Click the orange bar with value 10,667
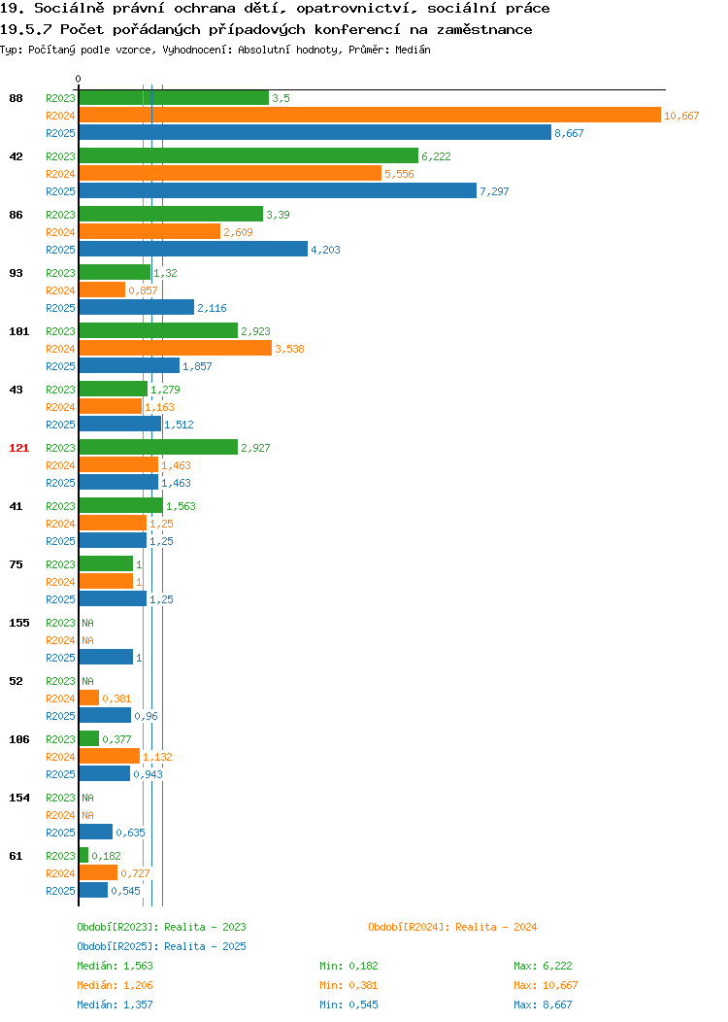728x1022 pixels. pyautogui.click(x=370, y=116)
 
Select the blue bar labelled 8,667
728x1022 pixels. pyautogui.click(x=315, y=133)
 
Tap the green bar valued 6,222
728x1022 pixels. pyautogui.click(x=248, y=155)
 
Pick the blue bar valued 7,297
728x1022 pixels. pyautogui.click(x=278, y=191)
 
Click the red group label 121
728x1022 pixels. pyautogui.click(x=18, y=448)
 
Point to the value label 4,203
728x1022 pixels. pyautogui.click(x=325, y=250)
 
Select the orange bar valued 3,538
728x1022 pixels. pyautogui.click(x=175, y=349)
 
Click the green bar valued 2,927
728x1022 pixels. pyautogui.click(x=158, y=447)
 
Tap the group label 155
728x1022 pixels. pyautogui.click(x=18, y=623)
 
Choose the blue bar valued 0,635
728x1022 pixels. pyautogui.click(x=96, y=833)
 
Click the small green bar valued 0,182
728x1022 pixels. pyautogui.click(x=83, y=855)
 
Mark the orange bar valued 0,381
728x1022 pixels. pyautogui.click(x=89, y=698)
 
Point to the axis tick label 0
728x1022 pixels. pyautogui.click(x=79, y=80)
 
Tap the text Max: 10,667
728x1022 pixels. pyautogui.click(x=546, y=985)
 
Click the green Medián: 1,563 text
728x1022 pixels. pyautogui.click(x=116, y=966)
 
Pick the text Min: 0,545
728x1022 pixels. pyautogui.click(x=348, y=1005)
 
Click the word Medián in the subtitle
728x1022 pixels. pyautogui.click(x=413, y=50)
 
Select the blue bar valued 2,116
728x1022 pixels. pyautogui.click(x=137, y=308)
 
